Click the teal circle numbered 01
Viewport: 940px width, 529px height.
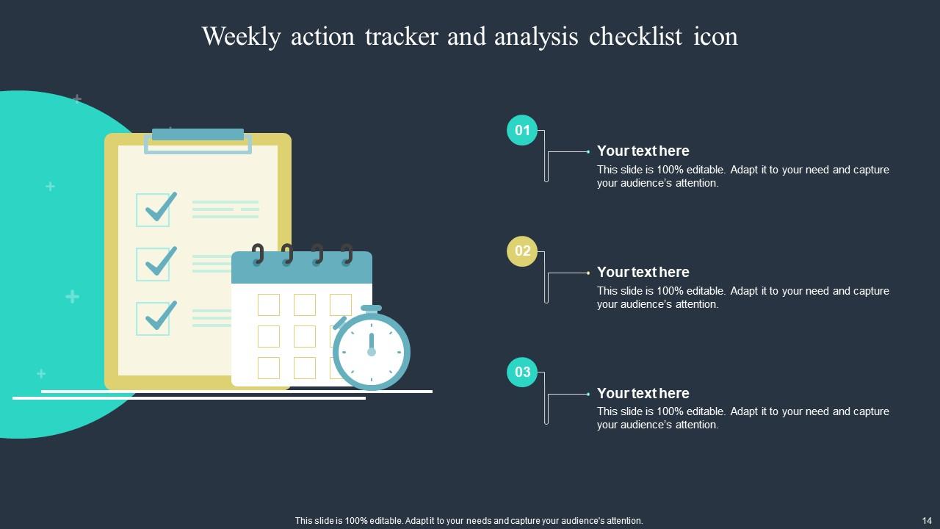(522, 131)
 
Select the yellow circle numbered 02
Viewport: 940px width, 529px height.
(522, 251)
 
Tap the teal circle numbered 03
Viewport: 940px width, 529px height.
(522, 372)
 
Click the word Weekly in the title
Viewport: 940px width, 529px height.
(241, 37)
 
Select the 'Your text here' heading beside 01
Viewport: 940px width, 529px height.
(643, 151)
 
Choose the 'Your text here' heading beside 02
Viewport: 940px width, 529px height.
(643, 272)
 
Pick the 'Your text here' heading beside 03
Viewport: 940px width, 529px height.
(643, 393)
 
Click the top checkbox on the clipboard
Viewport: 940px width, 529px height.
(153, 209)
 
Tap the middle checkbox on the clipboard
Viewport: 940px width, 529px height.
(153, 264)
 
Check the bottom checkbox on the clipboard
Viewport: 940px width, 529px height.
(153, 318)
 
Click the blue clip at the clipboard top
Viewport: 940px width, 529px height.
(198, 135)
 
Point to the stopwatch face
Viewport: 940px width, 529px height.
(372, 352)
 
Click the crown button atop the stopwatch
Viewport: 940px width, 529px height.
(372, 309)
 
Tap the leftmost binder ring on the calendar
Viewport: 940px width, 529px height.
(258, 255)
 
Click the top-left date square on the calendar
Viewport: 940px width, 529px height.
(269, 304)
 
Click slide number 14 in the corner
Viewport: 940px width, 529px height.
(926, 520)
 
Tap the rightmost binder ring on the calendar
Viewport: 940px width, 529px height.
(347, 255)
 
